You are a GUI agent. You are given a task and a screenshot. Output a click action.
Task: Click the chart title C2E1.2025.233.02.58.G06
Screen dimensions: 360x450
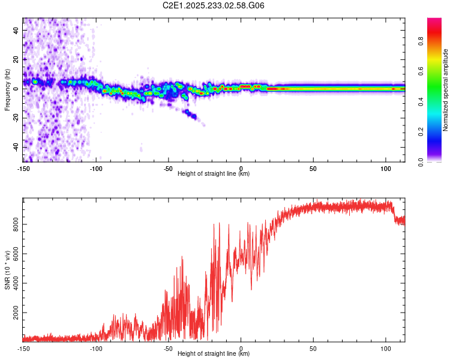click(214, 5)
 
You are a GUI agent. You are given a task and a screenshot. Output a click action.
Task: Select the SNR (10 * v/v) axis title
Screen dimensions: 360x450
click(7, 269)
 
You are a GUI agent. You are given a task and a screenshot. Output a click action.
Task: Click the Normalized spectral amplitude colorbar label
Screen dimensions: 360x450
click(446, 89)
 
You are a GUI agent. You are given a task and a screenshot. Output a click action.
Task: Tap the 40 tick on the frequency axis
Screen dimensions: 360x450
click(17, 30)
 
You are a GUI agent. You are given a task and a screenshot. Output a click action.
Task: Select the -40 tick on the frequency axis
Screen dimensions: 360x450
click(17, 147)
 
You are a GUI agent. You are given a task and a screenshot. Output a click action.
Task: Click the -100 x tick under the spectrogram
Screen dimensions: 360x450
click(96, 168)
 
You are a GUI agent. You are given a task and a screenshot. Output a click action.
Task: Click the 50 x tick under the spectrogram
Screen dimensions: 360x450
click(313, 168)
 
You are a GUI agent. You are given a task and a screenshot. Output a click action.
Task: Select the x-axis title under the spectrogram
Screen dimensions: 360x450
click(214, 174)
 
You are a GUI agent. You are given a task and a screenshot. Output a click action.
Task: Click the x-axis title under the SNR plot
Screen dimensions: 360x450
click(214, 354)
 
